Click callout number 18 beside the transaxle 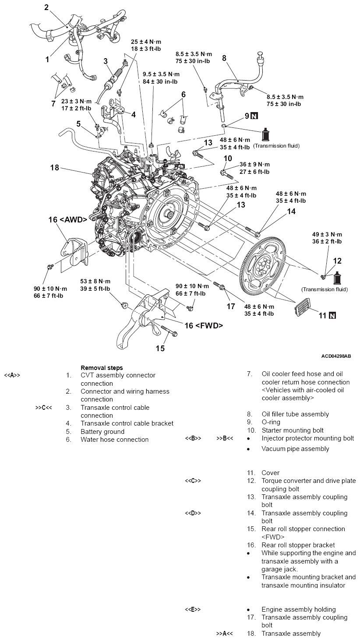(54, 168)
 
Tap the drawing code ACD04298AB (336, 356)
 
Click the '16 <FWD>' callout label (204, 325)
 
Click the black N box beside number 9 (255, 116)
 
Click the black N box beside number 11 (332, 315)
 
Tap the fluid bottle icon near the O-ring (265, 135)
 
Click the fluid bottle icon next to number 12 (338, 278)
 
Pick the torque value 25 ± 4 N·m (147, 42)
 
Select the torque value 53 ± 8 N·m (95, 281)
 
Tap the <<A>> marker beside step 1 (12, 375)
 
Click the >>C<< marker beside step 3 (43, 408)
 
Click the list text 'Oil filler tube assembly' (295, 414)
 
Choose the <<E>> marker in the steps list (193, 609)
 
